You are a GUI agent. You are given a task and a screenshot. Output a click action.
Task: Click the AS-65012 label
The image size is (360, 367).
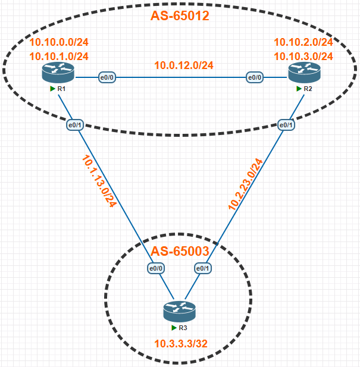tap(180, 15)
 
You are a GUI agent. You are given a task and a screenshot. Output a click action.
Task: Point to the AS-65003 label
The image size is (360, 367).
tap(179, 252)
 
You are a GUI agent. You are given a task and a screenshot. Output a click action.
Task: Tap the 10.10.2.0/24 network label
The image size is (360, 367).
tap(303, 42)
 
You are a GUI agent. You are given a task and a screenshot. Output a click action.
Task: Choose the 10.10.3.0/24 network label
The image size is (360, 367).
tap(303, 56)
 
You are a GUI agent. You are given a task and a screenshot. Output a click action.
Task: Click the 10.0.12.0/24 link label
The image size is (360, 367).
tap(184, 65)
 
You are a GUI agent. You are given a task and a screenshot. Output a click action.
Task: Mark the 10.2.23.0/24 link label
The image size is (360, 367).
tap(245, 184)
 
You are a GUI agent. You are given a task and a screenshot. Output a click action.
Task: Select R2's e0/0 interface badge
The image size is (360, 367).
tap(255, 77)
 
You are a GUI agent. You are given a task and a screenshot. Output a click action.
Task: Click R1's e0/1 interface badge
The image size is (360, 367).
tap(74, 125)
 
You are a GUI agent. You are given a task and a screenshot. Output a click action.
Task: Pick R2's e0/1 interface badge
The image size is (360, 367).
tap(286, 125)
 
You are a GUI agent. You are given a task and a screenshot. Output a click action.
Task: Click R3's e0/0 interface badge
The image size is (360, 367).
tap(156, 268)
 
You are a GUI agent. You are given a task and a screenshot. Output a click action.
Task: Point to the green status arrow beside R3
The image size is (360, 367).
tap(173, 328)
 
